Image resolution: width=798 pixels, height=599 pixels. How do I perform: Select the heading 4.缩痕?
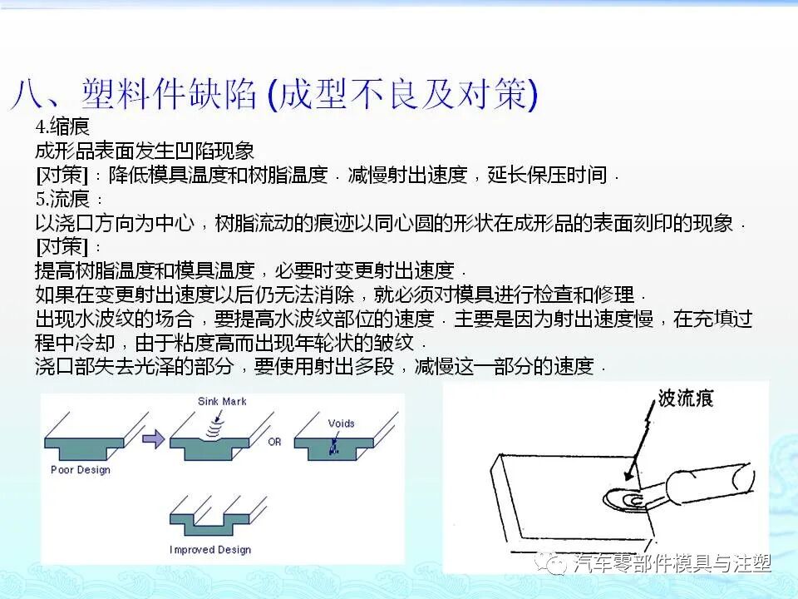point(62,127)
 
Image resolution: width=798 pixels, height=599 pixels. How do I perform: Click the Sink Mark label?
point(222,401)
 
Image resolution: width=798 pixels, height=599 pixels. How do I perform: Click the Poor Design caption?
point(81,470)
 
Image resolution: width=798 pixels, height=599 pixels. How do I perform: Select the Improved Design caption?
point(210,550)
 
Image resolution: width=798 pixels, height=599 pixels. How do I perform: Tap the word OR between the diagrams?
point(274,443)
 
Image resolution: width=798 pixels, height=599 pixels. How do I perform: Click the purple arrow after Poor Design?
point(154,439)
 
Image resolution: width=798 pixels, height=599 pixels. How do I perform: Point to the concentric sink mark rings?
point(214,426)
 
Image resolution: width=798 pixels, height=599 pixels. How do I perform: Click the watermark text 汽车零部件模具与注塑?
point(673,564)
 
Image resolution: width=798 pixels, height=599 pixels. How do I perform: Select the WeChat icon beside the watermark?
point(553,563)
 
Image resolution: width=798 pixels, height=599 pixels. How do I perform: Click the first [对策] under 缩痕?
point(62,176)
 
